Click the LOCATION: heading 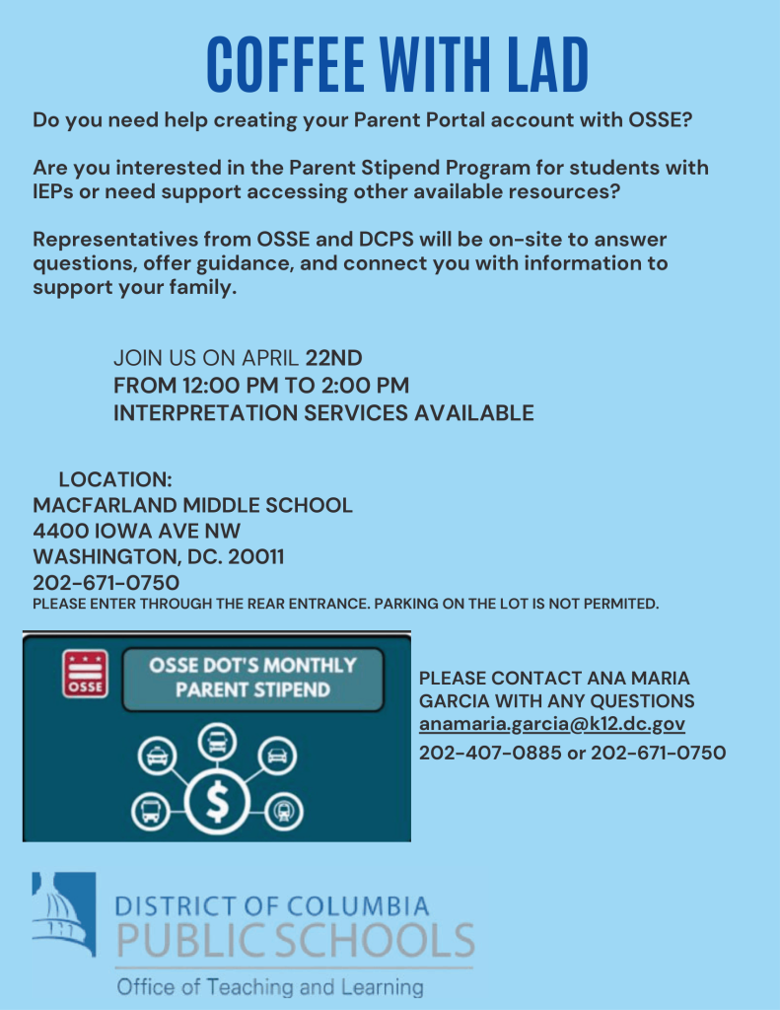point(115,480)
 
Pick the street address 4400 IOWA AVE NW point(136,532)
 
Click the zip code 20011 point(255,557)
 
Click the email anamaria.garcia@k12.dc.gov point(551,725)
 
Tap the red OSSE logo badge point(85,674)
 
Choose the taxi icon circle point(156,757)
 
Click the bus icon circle point(151,810)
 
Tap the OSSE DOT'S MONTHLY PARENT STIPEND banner point(252,678)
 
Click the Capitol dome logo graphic point(63,913)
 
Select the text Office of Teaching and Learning point(269,987)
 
